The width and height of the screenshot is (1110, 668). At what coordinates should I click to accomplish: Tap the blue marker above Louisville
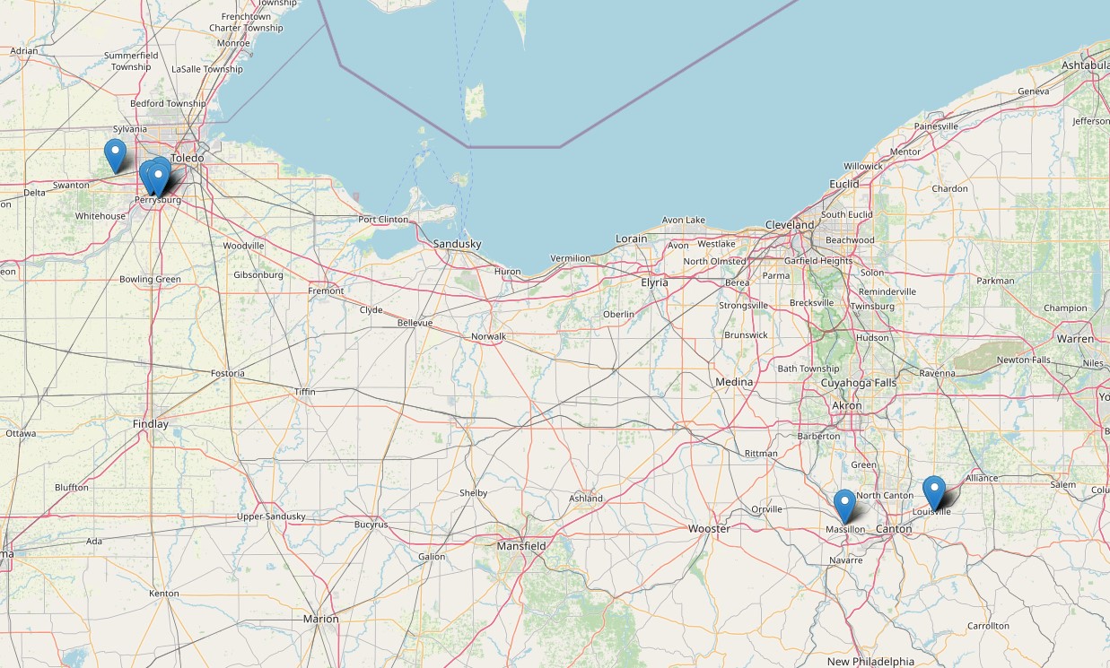click(x=934, y=492)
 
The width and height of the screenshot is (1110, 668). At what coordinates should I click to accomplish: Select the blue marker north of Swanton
click(x=115, y=155)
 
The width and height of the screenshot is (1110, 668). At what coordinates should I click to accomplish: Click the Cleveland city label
click(x=790, y=224)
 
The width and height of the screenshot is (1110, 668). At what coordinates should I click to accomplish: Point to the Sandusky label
click(x=457, y=244)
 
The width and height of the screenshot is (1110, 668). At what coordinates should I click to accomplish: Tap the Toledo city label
click(x=188, y=158)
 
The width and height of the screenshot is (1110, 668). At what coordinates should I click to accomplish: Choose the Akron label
click(x=847, y=405)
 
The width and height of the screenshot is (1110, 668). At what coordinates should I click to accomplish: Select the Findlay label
click(x=150, y=423)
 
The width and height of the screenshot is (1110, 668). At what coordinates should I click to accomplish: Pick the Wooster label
click(x=709, y=528)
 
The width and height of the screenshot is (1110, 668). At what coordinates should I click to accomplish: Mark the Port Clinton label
click(x=383, y=220)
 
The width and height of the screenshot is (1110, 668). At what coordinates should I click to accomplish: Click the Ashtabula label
click(x=1085, y=65)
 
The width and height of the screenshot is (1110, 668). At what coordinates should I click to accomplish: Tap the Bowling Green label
click(x=150, y=279)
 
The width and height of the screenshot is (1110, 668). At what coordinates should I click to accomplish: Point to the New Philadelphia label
click(x=871, y=662)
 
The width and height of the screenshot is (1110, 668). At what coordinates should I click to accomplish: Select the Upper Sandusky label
click(x=271, y=516)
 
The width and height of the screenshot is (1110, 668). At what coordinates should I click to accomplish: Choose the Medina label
click(x=734, y=382)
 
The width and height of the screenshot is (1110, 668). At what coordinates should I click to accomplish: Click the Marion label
click(x=320, y=619)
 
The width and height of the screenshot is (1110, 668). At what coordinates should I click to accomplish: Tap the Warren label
click(x=1075, y=339)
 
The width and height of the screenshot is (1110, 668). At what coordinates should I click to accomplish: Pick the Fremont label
click(x=326, y=291)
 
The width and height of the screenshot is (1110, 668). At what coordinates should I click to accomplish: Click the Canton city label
click(x=893, y=529)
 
